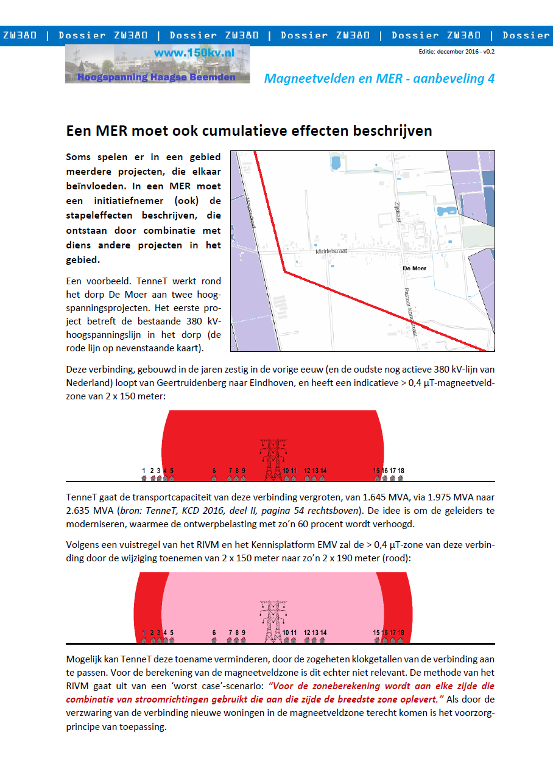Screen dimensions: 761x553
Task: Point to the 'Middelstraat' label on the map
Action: click(331, 251)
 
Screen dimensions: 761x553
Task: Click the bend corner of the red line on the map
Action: click(284, 272)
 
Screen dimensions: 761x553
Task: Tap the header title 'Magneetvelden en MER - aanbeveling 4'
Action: click(379, 79)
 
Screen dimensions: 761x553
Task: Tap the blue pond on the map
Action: click(444, 211)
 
